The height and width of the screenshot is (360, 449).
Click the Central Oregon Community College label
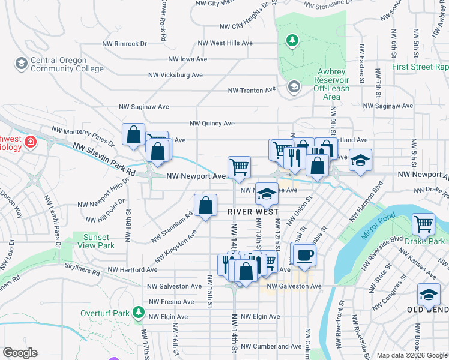point(58,64)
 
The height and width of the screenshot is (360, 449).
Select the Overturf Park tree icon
point(139,313)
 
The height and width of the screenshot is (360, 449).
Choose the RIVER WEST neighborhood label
point(253,212)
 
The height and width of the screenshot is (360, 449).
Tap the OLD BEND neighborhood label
point(428,309)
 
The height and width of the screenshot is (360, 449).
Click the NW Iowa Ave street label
point(188,59)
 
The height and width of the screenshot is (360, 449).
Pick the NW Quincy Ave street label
point(212,123)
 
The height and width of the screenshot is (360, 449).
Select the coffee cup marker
point(304,254)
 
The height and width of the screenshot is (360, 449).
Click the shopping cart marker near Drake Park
point(424,224)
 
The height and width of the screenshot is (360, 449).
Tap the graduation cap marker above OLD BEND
point(428,295)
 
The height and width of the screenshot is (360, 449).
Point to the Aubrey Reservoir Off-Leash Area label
point(331,84)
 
